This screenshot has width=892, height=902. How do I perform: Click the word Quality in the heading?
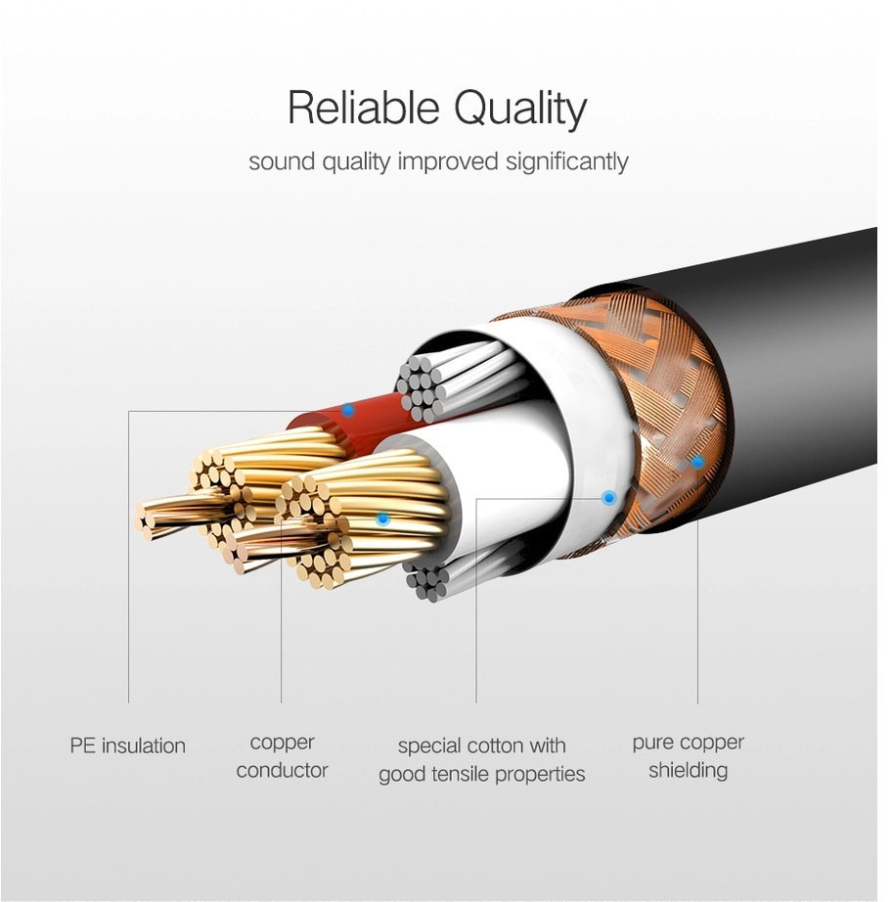coord(520,110)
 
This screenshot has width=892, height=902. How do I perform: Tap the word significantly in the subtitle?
coord(566,161)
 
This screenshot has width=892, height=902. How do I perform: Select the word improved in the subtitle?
coord(447,161)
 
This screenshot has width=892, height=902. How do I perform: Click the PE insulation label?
coord(128,745)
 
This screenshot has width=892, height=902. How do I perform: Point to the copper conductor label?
coord(282,756)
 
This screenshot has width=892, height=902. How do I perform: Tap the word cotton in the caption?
coord(492,746)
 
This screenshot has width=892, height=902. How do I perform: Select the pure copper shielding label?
coord(688,756)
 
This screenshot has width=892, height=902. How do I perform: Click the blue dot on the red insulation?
coord(348,410)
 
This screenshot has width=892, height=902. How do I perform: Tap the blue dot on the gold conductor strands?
coord(381,519)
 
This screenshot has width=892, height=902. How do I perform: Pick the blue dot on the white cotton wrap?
coord(608,498)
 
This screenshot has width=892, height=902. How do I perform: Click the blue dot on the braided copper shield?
coord(697,462)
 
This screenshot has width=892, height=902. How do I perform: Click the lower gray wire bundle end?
coord(426,581)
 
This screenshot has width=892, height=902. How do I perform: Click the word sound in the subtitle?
coord(282,161)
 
